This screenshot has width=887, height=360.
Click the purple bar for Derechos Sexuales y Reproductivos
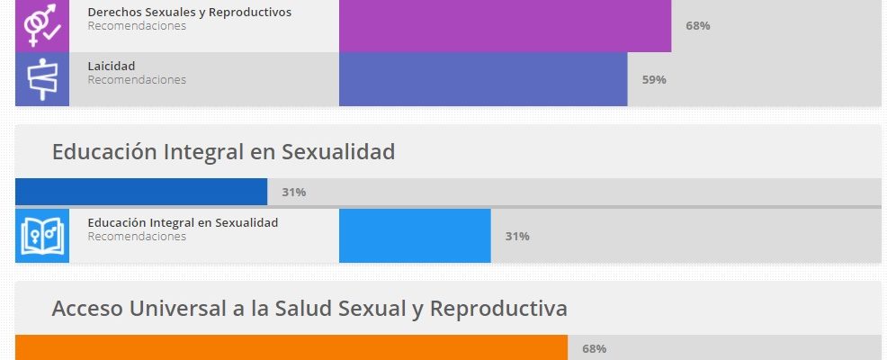(505, 25)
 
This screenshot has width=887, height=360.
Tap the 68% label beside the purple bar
(697, 25)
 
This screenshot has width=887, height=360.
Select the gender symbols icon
(41, 25)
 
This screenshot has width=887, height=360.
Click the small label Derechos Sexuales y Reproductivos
(189, 12)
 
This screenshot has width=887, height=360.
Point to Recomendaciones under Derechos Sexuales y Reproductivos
(137, 26)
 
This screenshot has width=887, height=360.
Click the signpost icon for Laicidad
(41, 79)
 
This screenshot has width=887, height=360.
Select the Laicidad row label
(111, 66)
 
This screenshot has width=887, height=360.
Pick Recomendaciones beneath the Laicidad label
(137, 79)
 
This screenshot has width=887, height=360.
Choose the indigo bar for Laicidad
(482, 79)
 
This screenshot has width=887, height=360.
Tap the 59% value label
(654, 79)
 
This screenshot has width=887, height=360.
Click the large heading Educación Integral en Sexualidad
(223, 152)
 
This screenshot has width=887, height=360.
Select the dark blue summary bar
(141, 192)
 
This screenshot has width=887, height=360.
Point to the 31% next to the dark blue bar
(294, 192)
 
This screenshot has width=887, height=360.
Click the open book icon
(41, 236)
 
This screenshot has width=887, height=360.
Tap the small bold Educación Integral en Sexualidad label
(183, 222)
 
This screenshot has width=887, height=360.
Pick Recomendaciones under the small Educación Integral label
(137, 237)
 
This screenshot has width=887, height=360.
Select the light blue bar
(415, 236)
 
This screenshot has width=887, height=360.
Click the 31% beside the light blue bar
(517, 236)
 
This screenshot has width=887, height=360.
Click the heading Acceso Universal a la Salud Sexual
(309, 309)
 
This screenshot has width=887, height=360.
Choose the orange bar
(291, 347)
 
